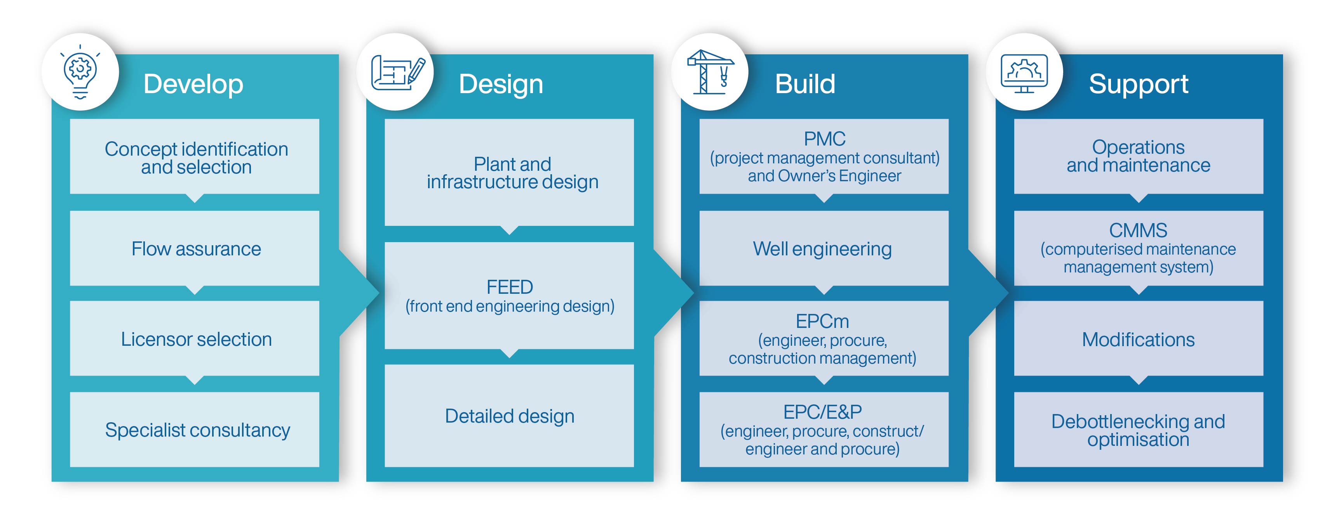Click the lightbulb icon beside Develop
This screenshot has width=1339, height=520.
tap(80, 72)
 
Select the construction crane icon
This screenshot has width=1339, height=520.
tap(710, 72)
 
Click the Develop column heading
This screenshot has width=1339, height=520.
tap(193, 84)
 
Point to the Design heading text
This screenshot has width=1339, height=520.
tap(501, 84)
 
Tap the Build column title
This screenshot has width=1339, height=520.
tap(805, 84)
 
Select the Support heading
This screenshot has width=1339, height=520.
tap(1138, 84)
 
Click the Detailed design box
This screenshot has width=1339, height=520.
tap(509, 416)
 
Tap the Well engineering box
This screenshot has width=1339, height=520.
tap(824, 248)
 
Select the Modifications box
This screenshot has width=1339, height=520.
tap(1138, 339)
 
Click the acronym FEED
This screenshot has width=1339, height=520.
tap(509, 287)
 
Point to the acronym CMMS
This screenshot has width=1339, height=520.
tap(1138, 230)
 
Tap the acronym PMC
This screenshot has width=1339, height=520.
tap(824, 139)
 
